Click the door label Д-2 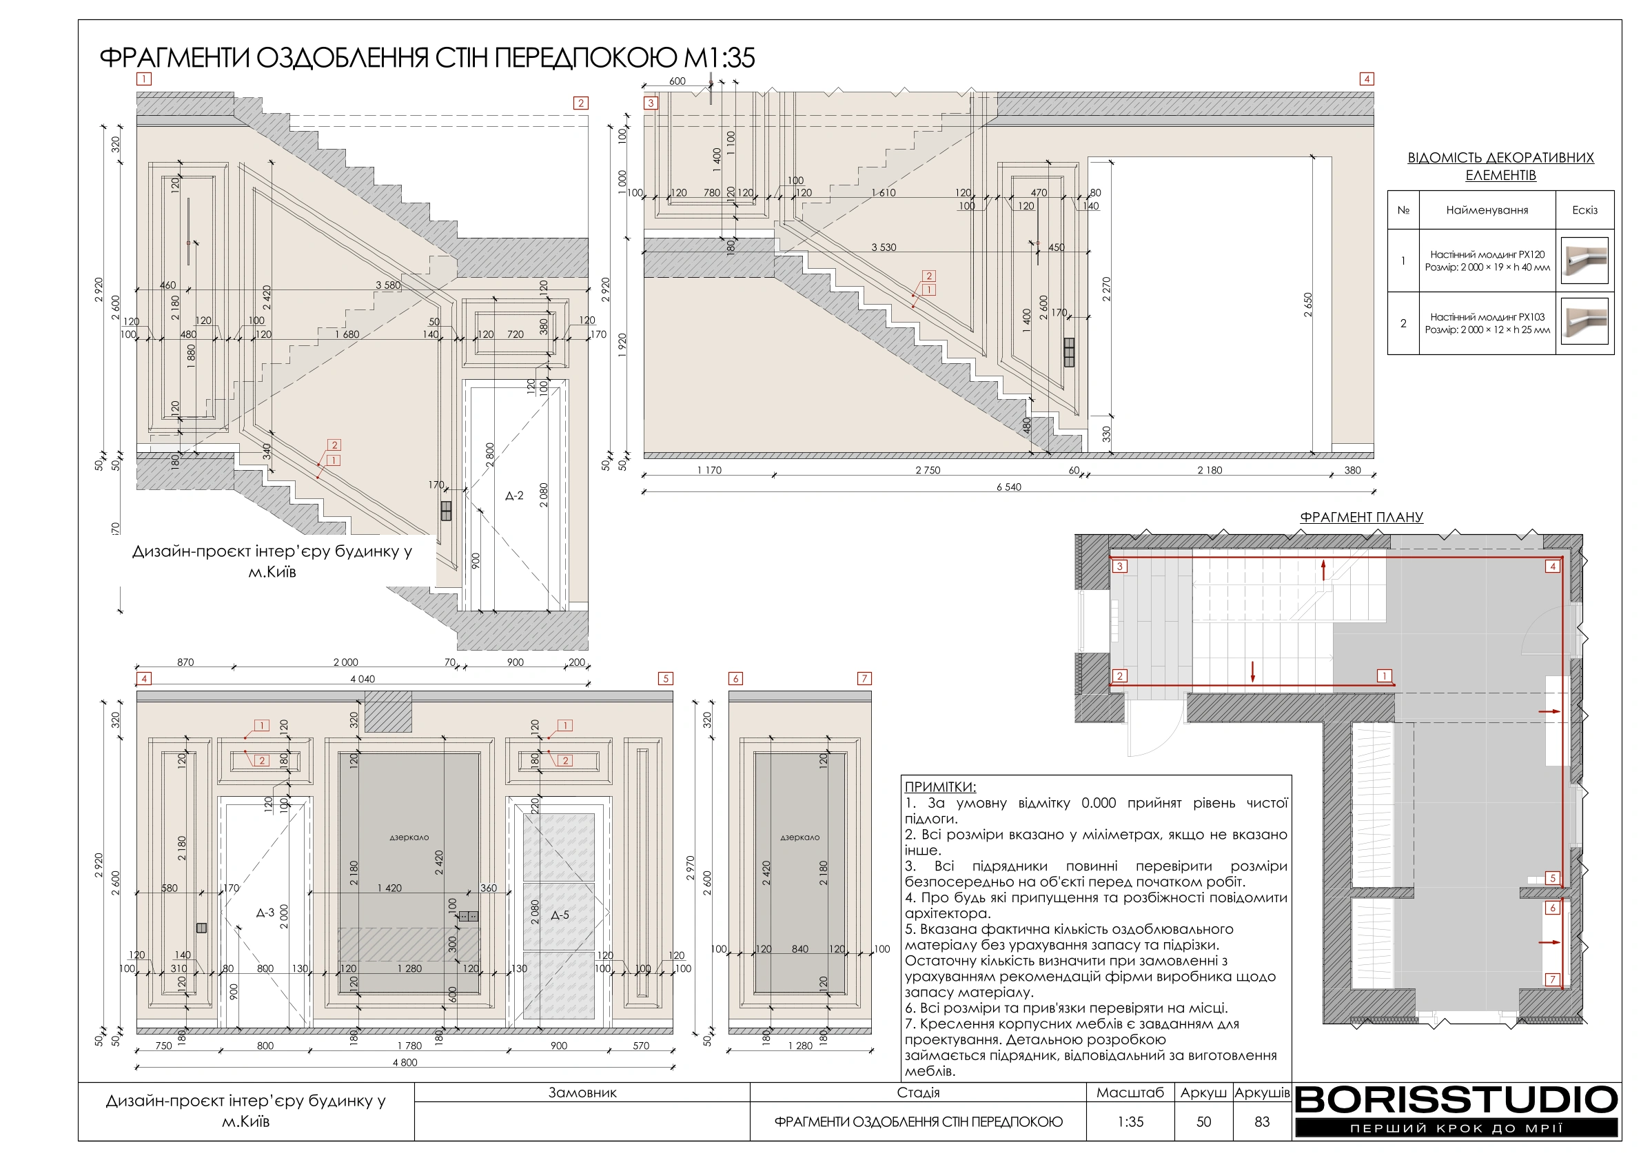pos(514,496)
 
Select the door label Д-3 pos(265,913)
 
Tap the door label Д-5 pos(560,915)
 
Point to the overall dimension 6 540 pos(1008,487)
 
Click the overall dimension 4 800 pos(405,1062)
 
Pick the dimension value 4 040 pos(363,679)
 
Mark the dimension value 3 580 pos(388,285)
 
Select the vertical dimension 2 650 pos(1307,305)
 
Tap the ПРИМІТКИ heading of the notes pos(940,787)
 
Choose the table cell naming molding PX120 pos(1487,261)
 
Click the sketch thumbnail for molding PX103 pos(1584,323)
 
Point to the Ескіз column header pos(1584,210)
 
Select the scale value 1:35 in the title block pos(1130,1122)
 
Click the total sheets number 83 pos(1261,1122)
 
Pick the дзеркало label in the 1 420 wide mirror pos(409,837)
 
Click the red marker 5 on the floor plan pos(1552,878)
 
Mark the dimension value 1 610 pos(884,192)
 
